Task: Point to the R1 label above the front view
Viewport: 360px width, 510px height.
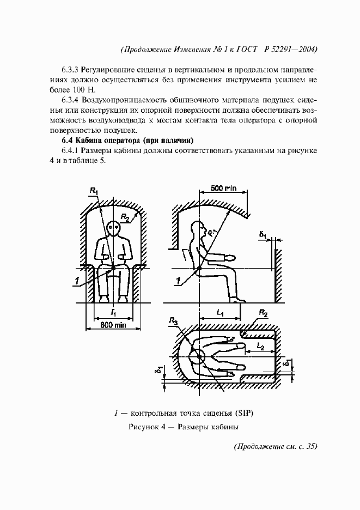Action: [x=94, y=191]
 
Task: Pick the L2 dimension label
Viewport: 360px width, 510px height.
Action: [x=260, y=347]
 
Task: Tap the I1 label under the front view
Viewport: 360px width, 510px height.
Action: [x=113, y=312]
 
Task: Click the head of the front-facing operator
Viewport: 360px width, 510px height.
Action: [x=114, y=228]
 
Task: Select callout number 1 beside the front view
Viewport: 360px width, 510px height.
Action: [x=78, y=281]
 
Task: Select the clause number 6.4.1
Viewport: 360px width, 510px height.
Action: [x=71, y=151]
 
